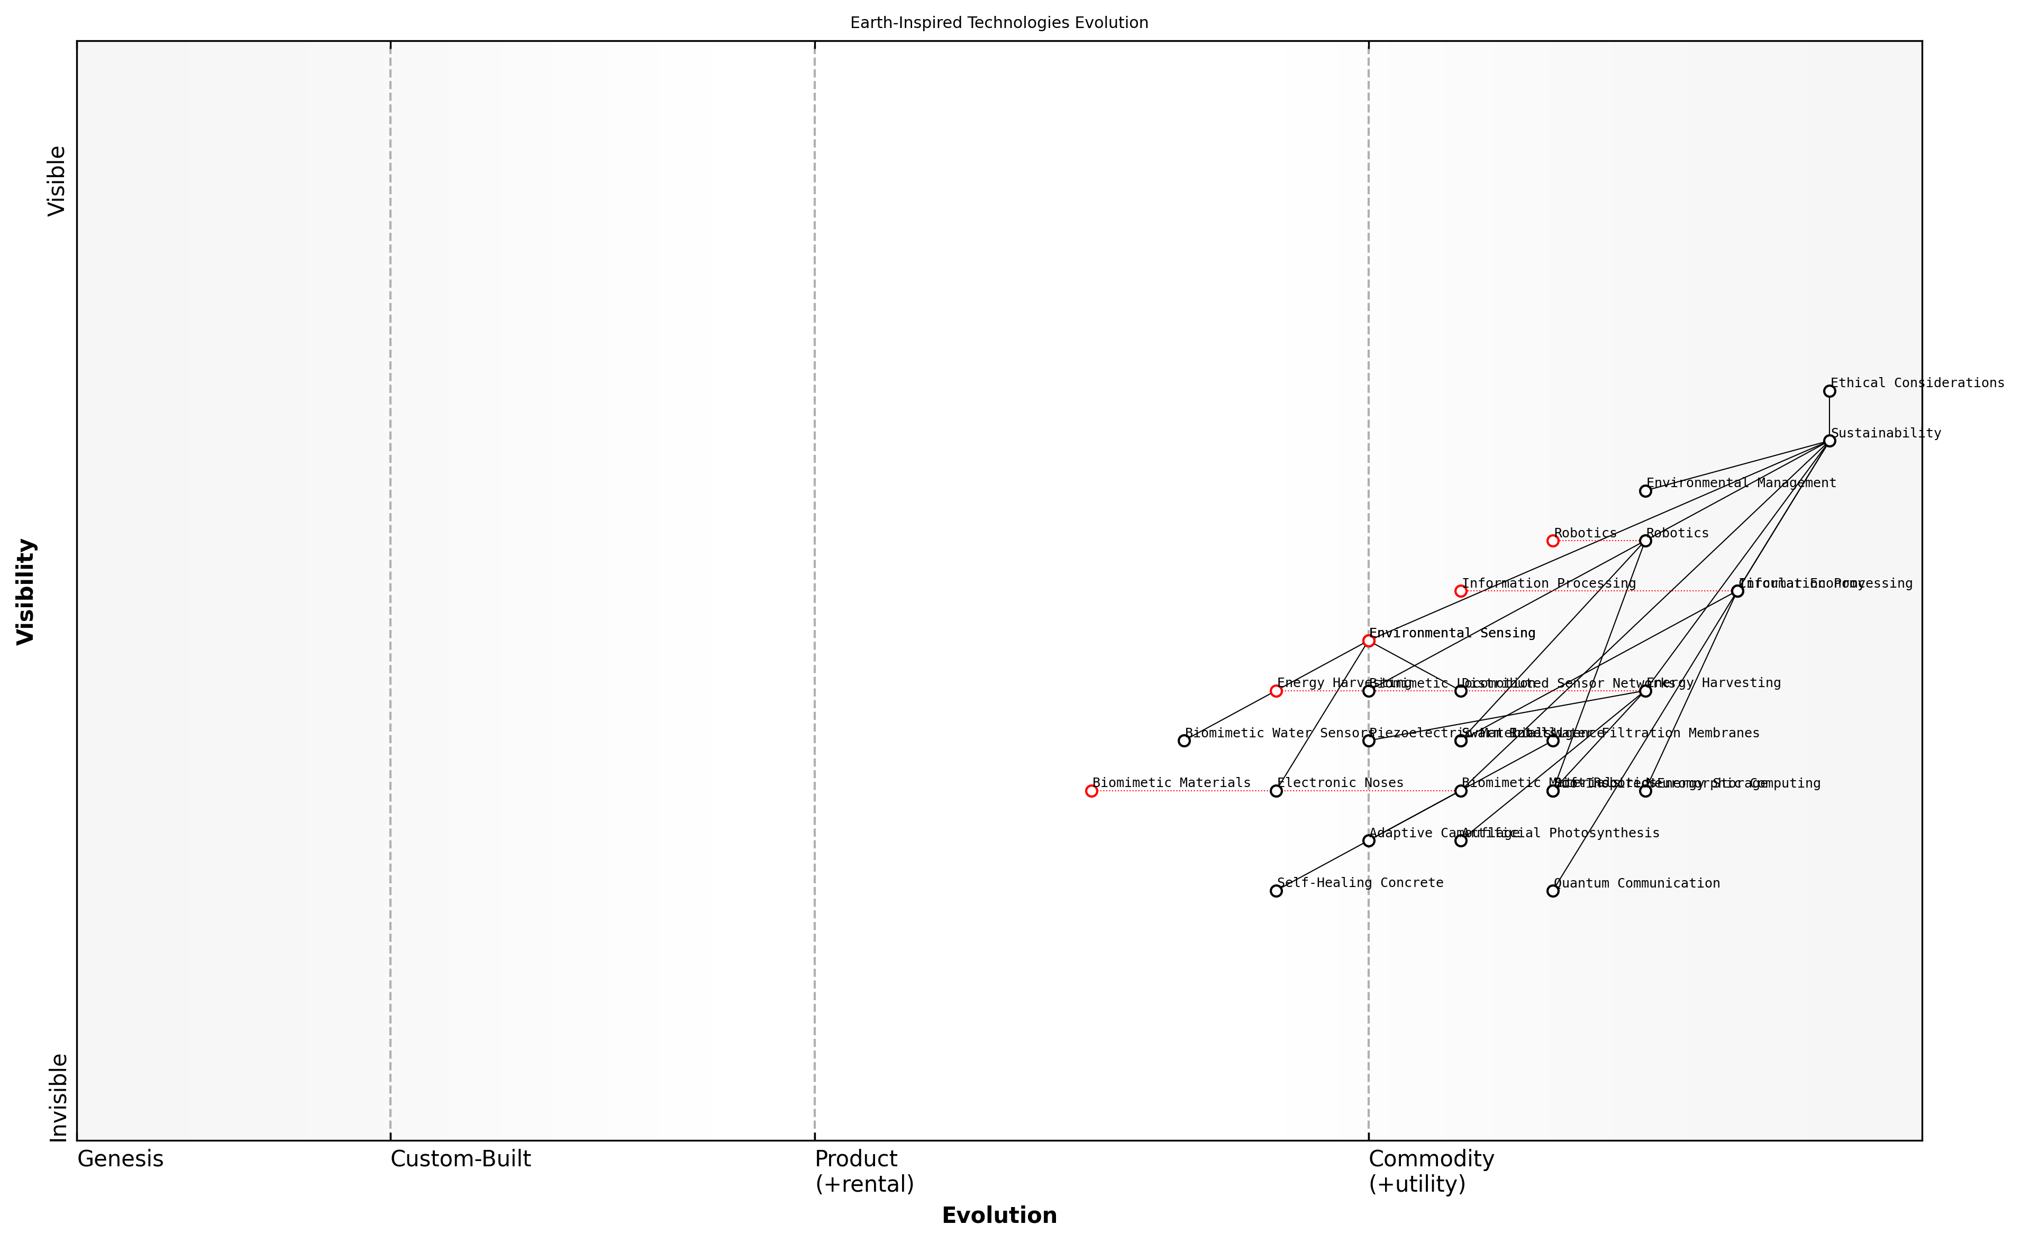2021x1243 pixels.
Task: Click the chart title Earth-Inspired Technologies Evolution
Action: tap(999, 23)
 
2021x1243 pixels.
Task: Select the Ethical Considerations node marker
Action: tap(1829, 391)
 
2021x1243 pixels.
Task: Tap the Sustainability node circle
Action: tap(1829, 442)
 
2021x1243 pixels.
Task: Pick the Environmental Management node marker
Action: tap(1645, 491)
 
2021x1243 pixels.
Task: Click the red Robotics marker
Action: tap(1553, 541)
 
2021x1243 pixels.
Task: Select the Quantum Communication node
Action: tap(1553, 891)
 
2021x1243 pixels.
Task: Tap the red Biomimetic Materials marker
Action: tap(1092, 792)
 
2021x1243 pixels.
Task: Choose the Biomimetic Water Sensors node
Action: tap(1184, 742)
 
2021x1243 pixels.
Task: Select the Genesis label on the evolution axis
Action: tap(120, 1159)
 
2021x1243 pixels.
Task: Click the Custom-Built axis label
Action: tap(460, 1159)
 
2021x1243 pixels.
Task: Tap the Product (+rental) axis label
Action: tap(864, 1172)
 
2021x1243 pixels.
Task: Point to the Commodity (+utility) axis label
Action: tap(1431, 1172)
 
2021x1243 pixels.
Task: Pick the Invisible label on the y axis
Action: tap(58, 1098)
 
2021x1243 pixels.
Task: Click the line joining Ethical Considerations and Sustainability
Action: tap(1829, 416)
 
